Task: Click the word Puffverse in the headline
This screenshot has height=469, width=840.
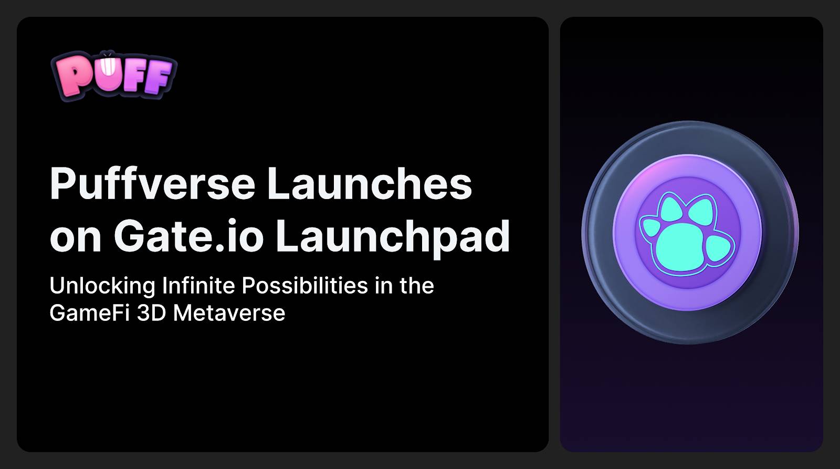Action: coord(152,183)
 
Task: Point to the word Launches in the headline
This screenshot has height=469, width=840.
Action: coord(370,183)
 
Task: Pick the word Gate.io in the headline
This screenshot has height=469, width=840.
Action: coord(189,236)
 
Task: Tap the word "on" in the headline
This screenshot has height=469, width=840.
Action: coord(76,240)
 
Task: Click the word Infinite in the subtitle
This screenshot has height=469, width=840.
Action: coord(198,286)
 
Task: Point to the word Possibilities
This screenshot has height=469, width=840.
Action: coord(305,286)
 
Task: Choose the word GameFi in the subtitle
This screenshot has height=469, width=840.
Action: coord(90,312)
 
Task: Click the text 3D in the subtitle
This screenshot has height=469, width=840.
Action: coord(151,312)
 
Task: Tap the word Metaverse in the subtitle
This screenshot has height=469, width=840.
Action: coord(229,312)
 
